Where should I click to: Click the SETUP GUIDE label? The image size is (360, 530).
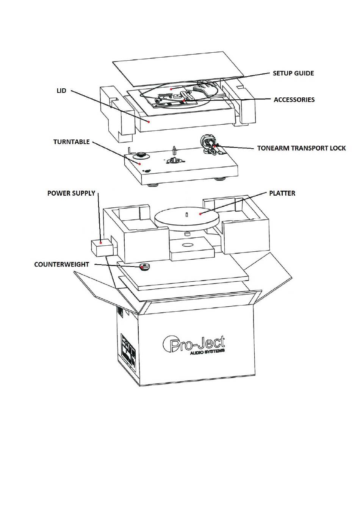(x=293, y=73)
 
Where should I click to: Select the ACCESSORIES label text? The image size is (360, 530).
(x=294, y=100)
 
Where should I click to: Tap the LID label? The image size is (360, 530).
(x=61, y=91)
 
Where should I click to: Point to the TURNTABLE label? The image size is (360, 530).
(x=72, y=142)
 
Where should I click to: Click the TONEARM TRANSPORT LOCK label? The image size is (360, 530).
(x=301, y=148)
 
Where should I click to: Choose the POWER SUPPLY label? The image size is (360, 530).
(x=71, y=193)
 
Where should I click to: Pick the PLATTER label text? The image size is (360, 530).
(x=282, y=193)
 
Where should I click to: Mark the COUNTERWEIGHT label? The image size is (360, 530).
(x=61, y=265)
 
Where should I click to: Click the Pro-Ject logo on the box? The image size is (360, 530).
(x=194, y=343)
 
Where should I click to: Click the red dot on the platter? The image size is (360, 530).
(x=200, y=214)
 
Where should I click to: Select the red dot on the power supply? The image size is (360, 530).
(x=101, y=242)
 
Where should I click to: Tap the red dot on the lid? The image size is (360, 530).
(x=149, y=122)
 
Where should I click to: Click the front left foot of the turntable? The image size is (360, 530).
(x=153, y=185)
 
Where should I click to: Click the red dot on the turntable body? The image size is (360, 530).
(x=140, y=164)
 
